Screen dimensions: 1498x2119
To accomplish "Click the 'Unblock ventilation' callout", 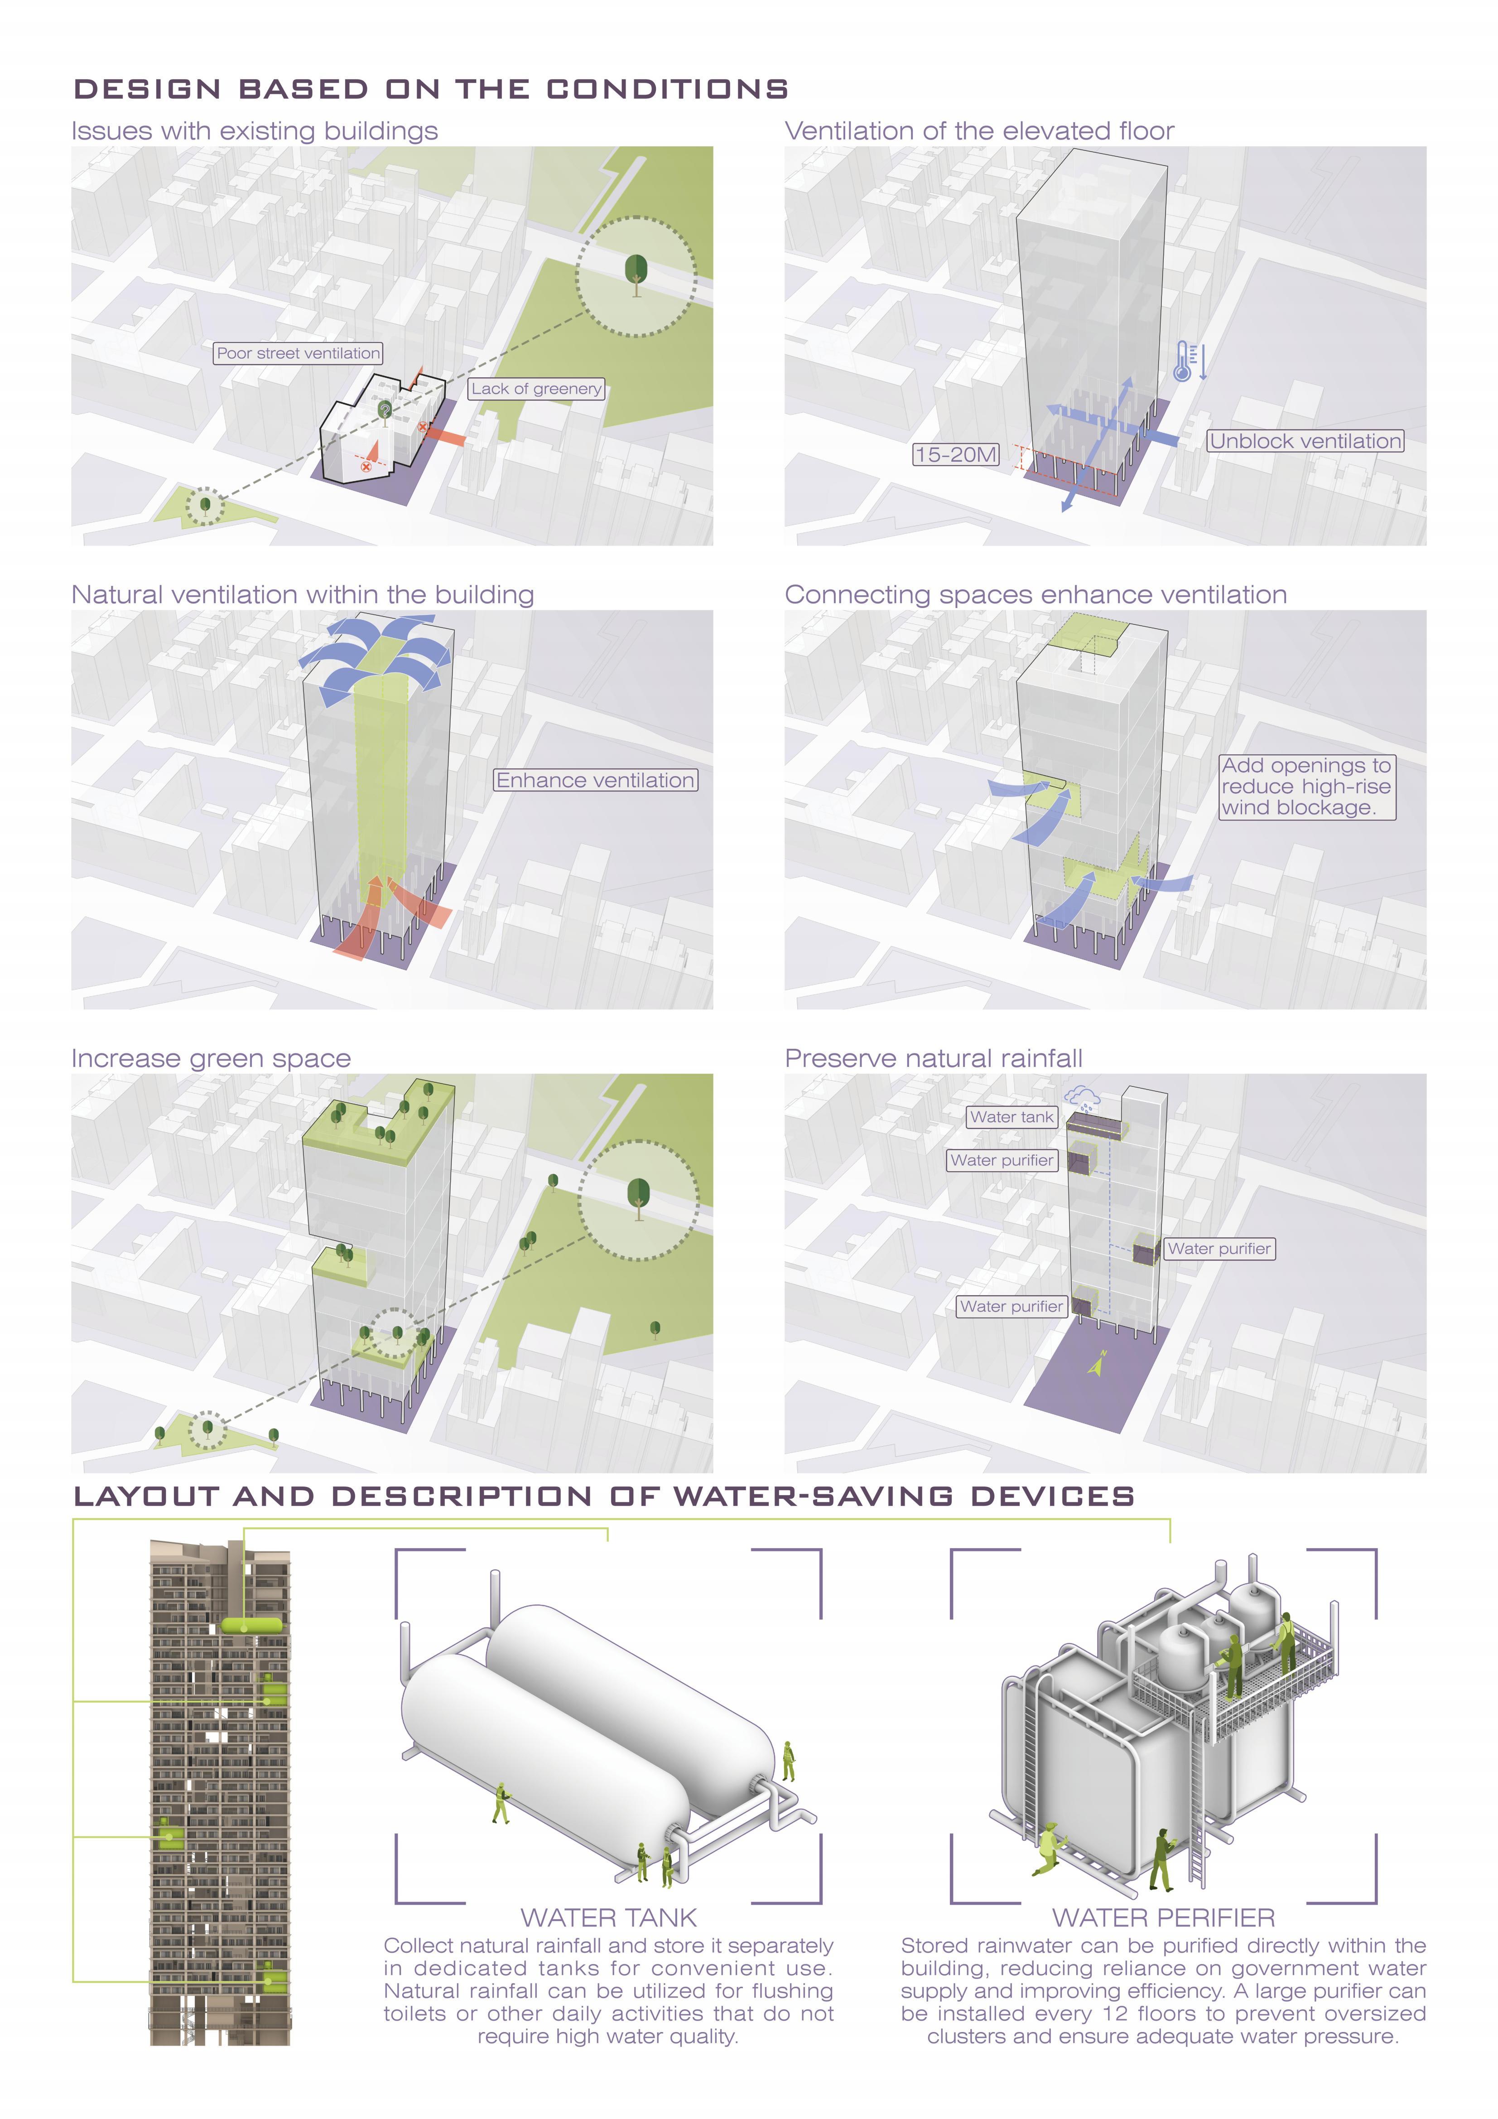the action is click(1305, 441).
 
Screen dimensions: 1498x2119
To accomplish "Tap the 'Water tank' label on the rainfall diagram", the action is click(1012, 1117).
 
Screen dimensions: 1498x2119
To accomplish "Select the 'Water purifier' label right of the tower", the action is click(1219, 1249).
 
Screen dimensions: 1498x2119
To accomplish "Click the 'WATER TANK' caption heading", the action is click(608, 1918).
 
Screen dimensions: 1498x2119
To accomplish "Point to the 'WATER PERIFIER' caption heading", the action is click(1163, 1918).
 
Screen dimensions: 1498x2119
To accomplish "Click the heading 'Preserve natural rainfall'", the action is click(933, 1058).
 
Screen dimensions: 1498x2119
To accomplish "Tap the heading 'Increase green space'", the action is click(212, 1058).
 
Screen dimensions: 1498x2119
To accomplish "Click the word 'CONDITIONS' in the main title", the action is click(667, 90).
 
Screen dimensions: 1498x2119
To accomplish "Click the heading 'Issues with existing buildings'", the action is click(255, 131).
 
